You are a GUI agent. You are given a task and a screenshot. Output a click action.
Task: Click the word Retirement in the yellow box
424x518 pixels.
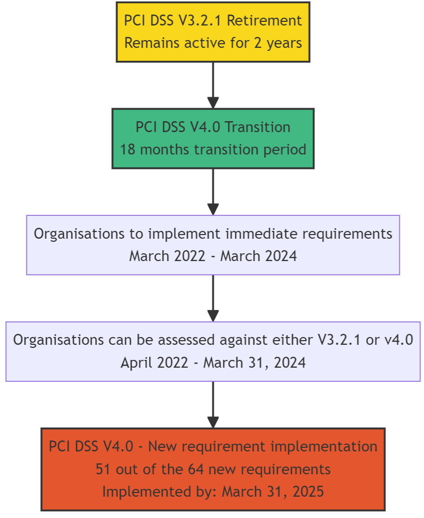tap(264, 20)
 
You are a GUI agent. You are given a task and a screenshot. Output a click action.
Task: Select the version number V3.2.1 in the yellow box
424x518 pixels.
tap(200, 20)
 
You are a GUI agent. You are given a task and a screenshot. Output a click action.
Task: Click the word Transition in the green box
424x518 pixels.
tap(258, 127)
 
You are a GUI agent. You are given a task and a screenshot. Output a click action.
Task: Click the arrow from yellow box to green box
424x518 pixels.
tap(213, 85)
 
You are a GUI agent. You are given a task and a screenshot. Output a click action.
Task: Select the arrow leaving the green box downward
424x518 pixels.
tap(213, 192)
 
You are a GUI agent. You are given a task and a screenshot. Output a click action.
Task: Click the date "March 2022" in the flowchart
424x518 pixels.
tap(167, 256)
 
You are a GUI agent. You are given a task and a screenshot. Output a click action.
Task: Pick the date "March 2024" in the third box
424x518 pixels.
tap(259, 256)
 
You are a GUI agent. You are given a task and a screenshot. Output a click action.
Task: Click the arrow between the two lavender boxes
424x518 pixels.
tap(213, 299)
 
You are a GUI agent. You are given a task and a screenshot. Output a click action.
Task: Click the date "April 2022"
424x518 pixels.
tap(155, 362)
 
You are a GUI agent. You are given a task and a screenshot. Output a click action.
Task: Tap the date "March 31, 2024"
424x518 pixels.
tap(254, 362)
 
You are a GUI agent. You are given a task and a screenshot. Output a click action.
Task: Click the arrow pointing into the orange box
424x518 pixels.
tap(213, 405)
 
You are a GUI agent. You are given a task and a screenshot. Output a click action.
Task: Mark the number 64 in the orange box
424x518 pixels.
tap(196, 470)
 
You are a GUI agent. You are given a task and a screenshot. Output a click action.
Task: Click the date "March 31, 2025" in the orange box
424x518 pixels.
tap(273, 492)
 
